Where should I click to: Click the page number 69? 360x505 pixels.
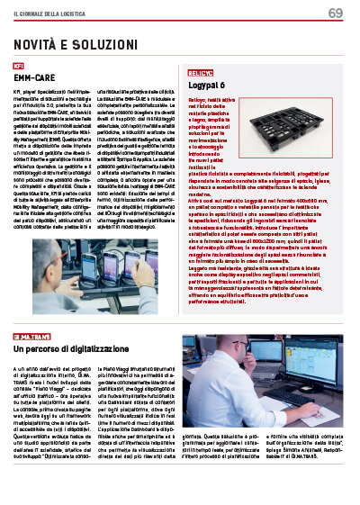pos(335,13)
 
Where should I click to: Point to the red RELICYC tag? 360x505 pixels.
pos(201,72)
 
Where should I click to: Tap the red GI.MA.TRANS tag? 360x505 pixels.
pos(31,337)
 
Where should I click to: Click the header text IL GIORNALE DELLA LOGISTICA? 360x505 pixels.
pos(55,14)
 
